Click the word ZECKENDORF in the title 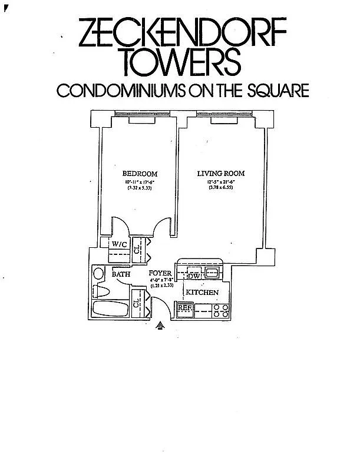181,34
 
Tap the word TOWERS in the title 181,61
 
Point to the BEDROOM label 140,174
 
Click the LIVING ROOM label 220,174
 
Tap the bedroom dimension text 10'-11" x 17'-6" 139,182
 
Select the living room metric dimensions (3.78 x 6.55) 220,188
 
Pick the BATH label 121,274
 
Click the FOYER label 160,274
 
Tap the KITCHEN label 202,293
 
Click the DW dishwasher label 194,276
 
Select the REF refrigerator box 185,307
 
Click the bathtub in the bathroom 110,310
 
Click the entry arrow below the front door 160,324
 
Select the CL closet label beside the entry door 136,304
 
